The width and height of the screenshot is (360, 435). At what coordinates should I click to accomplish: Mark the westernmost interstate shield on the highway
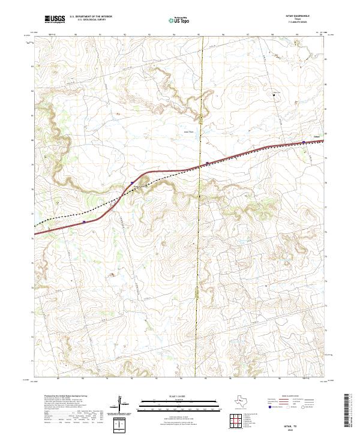click(85, 221)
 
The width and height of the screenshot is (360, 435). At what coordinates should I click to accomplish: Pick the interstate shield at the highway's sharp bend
click(132, 183)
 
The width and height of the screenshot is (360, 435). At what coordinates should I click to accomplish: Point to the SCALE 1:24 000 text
click(180, 395)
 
